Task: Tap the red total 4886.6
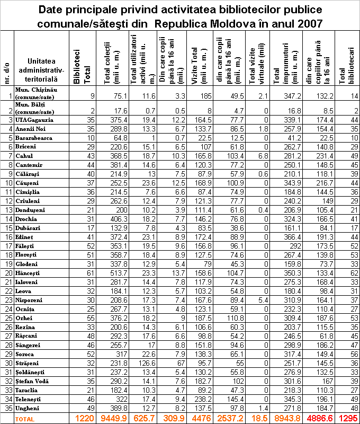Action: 320,418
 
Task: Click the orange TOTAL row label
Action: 23,419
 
